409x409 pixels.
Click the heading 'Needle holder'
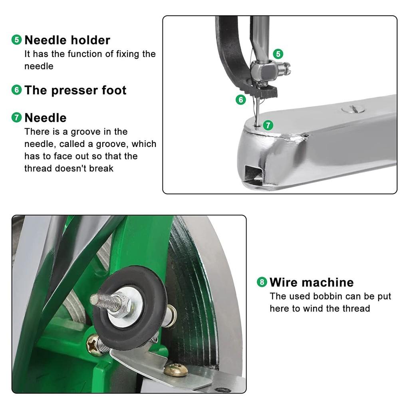pos(67,40)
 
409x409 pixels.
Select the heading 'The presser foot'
pos(75,90)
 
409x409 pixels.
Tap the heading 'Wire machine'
pos(312,282)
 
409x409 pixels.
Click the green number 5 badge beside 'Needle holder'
pos(16,40)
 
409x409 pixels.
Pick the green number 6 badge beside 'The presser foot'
pos(16,90)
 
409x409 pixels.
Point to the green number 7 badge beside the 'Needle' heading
pos(16,117)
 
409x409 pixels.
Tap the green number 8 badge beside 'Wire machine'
pos(262,282)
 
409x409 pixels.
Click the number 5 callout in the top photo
pos(278,54)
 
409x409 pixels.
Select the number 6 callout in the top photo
pos(240,99)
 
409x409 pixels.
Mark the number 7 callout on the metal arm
pos(268,125)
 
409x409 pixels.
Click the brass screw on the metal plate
pos(176,369)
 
